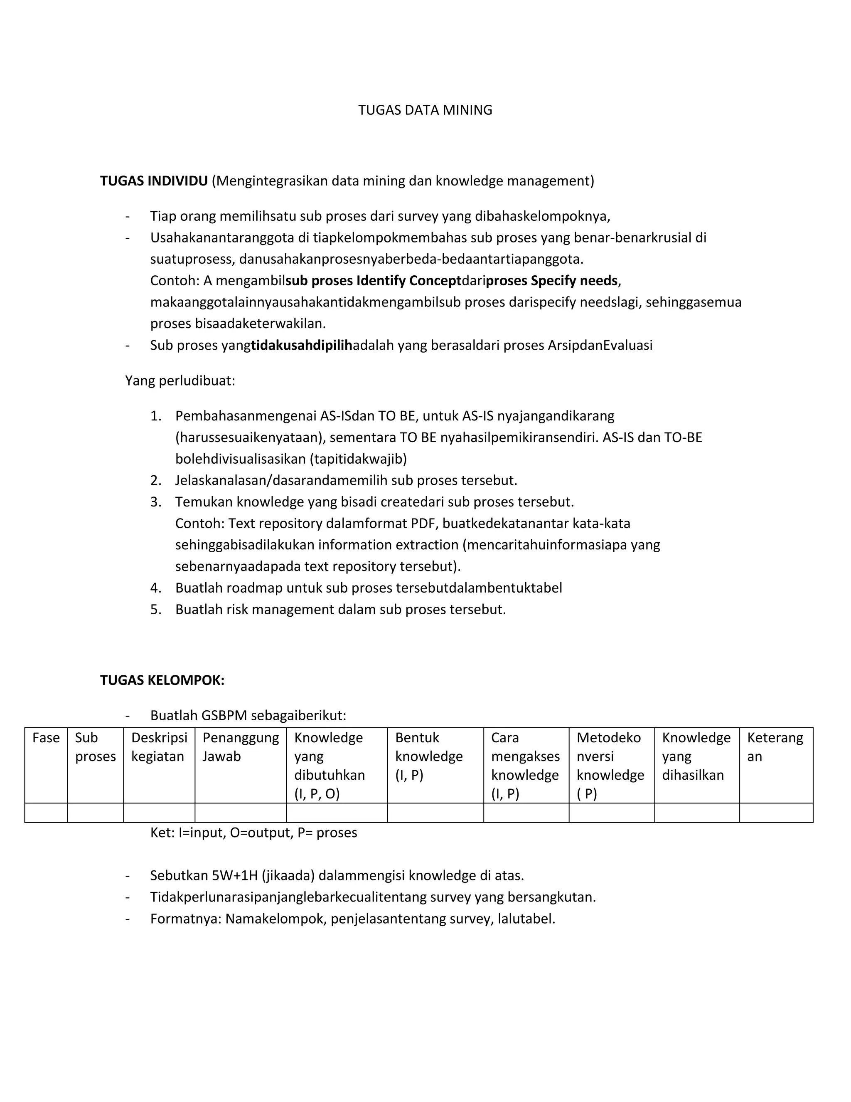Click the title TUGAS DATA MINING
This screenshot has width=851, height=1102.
coord(425,110)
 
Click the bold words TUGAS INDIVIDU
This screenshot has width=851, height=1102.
coord(154,180)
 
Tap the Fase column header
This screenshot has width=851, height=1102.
coord(46,738)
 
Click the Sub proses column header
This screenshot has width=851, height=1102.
coord(95,747)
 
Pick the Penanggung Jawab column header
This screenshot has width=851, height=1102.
coord(241,747)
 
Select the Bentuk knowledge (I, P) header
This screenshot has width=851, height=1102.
coord(428,756)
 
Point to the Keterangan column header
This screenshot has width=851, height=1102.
coord(775,747)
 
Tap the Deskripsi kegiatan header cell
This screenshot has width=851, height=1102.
coord(159,747)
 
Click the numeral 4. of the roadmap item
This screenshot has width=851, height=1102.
coord(156,588)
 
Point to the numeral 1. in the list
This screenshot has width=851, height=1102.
coord(156,416)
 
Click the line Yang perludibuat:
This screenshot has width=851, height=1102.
coord(180,381)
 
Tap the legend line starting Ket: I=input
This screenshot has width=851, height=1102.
coord(253,833)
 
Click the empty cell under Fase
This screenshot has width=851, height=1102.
coord(46,813)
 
